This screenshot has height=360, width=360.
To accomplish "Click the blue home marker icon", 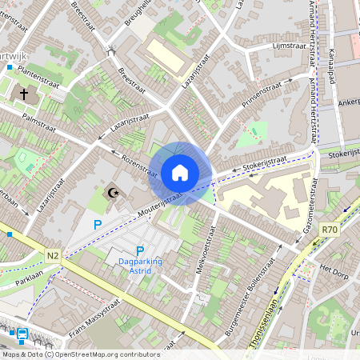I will (x=180, y=172).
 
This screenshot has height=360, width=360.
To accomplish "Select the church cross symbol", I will (x=24, y=94).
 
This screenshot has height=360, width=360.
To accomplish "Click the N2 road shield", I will (x=53, y=255).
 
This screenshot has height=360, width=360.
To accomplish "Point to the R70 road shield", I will (x=329, y=230).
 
